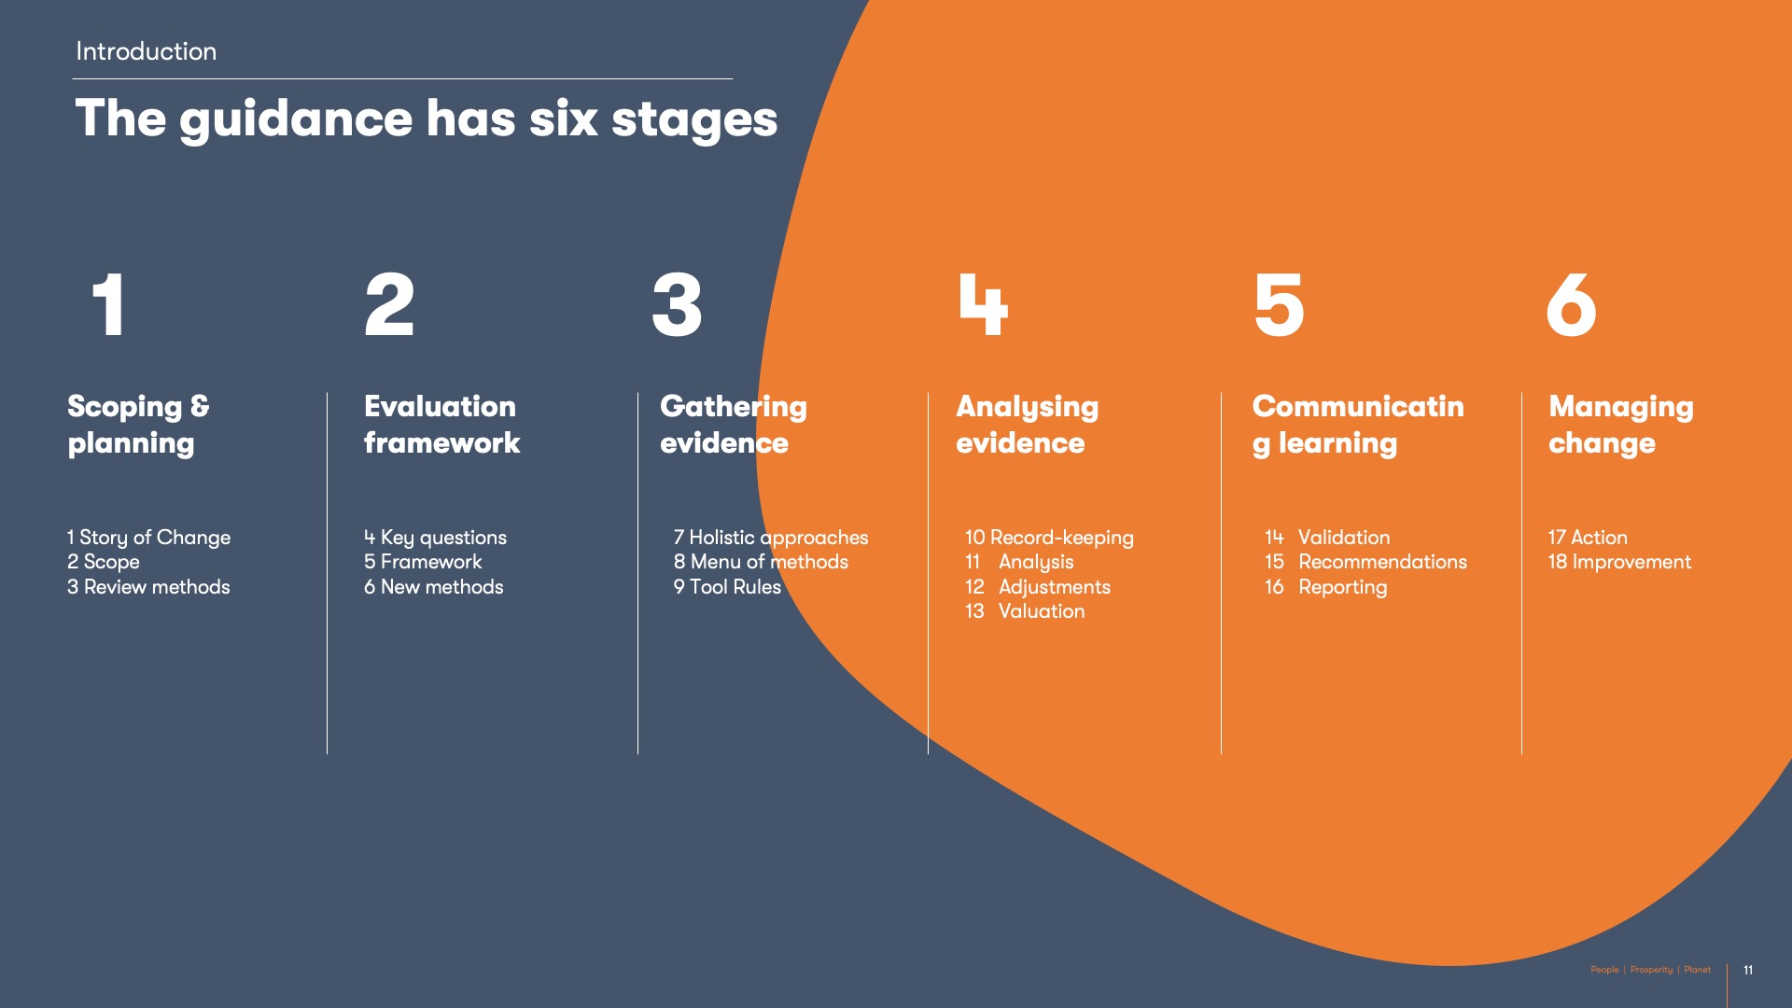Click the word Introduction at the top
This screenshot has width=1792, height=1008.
pos(146,51)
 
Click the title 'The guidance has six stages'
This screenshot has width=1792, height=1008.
pos(426,119)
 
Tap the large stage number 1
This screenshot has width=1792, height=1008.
pos(109,304)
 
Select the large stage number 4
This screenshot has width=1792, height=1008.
pos(983,304)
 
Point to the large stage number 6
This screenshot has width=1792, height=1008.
pos(1571,304)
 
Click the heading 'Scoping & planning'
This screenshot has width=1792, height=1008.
pos(138,425)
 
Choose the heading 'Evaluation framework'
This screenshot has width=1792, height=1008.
pos(441,425)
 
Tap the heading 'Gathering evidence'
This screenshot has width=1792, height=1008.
pos(734,425)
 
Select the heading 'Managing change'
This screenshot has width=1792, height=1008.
pos(1621,425)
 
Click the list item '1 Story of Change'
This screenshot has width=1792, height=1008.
pos(148,538)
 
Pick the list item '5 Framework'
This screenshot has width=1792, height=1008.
pos(423,562)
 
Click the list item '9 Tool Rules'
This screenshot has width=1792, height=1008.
pos(727,587)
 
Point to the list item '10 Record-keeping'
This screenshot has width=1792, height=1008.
pos(1049,538)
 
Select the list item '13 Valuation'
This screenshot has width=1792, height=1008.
pos(1025,611)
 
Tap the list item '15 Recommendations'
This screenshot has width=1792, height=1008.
pos(1365,562)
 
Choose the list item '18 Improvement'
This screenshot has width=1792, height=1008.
pos(1619,562)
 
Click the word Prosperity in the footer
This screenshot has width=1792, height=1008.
pos(1651,970)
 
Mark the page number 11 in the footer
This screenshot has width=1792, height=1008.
pos(1748,970)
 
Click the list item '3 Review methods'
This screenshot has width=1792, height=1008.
pos(148,587)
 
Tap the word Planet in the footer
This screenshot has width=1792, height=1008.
pos(1698,970)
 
